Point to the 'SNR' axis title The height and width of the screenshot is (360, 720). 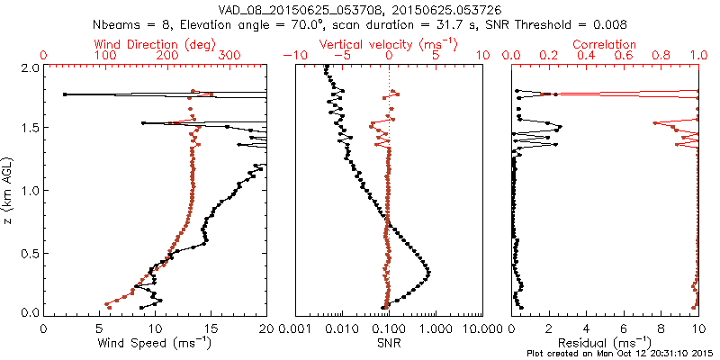[388, 342]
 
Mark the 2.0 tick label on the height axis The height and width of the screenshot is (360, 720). [29, 67]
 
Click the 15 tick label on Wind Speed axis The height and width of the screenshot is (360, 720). [211, 327]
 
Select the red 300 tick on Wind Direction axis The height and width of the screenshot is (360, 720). [229, 56]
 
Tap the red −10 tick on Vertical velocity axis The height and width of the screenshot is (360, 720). [292, 56]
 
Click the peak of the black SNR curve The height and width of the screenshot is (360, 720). [428, 273]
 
